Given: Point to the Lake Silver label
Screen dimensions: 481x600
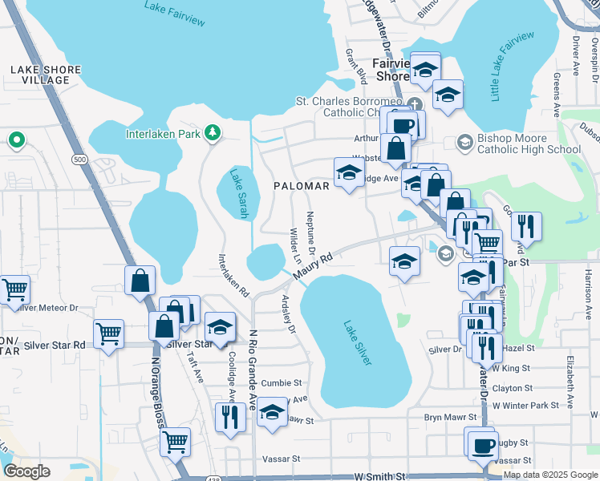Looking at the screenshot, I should tap(358, 343).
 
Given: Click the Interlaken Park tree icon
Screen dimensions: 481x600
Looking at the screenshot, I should tap(213, 133).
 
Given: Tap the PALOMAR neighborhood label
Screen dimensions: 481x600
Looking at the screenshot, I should tap(302, 186).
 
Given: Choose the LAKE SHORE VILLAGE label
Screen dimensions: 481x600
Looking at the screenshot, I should tap(46, 75).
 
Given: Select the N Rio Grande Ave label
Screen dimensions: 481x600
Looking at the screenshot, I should tap(253, 368).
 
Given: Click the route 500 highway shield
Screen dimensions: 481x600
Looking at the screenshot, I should tap(79, 160).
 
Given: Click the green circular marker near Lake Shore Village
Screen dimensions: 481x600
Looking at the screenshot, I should tap(15, 141).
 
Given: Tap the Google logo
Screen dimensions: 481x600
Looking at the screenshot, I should tap(26, 471).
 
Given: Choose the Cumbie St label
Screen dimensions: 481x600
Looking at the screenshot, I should tap(281, 383).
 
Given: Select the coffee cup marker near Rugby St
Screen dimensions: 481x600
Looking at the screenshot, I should tap(482, 445).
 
